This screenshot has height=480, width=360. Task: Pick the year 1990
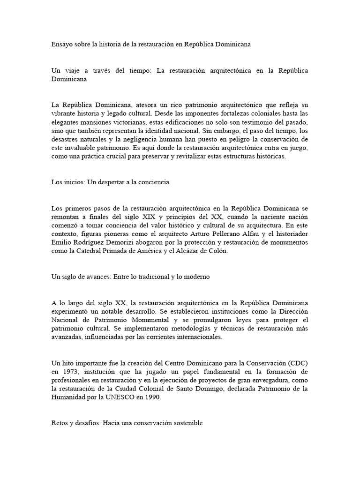coord(153,397)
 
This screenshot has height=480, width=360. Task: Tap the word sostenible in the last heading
coord(187,423)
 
